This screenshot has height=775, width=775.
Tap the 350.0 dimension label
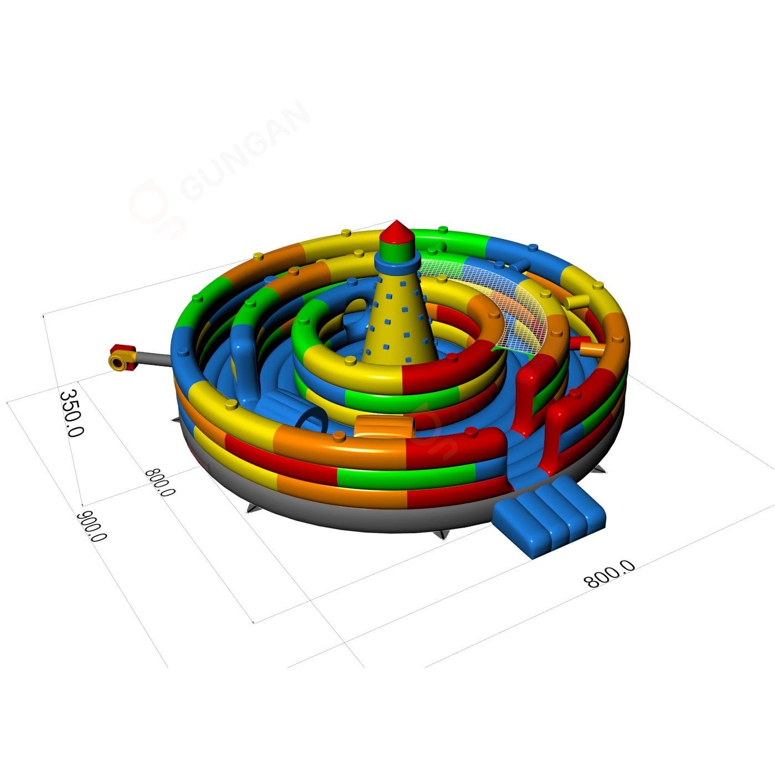pos(71,413)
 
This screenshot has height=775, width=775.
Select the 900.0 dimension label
pos(92,526)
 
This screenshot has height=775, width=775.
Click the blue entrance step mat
pos(550,515)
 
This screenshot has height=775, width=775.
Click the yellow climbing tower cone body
pos(400,318)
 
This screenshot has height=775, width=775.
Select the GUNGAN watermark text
pos(245,151)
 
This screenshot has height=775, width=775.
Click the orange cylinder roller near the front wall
pos(385,426)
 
